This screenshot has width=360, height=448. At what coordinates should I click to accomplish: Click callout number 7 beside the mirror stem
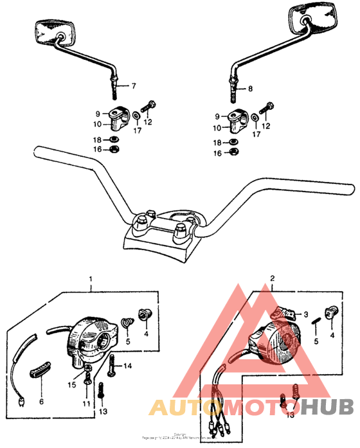[x=134, y=86]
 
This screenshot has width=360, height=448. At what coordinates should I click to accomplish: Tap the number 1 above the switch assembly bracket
[x=91, y=280]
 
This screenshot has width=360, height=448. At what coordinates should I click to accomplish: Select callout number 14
[x=127, y=366]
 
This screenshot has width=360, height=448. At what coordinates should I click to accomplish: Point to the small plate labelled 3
[x=283, y=314]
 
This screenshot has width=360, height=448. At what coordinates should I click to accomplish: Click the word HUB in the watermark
[x=328, y=406]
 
